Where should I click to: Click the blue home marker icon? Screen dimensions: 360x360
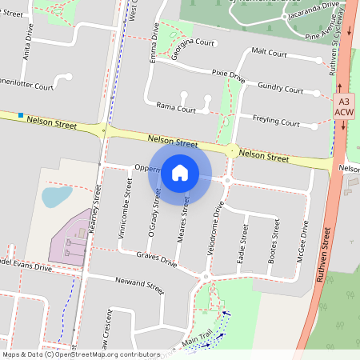click(x=180, y=172)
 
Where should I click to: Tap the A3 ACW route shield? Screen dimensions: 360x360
click(x=344, y=107)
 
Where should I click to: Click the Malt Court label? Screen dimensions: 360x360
click(x=269, y=51)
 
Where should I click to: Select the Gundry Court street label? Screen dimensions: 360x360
click(x=281, y=90)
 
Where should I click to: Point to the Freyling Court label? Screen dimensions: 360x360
click(x=275, y=123)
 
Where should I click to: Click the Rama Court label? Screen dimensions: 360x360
click(x=176, y=107)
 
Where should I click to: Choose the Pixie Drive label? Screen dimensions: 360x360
click(x=228, y=76)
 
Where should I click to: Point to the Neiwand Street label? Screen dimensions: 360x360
click(x=139, y=285)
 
